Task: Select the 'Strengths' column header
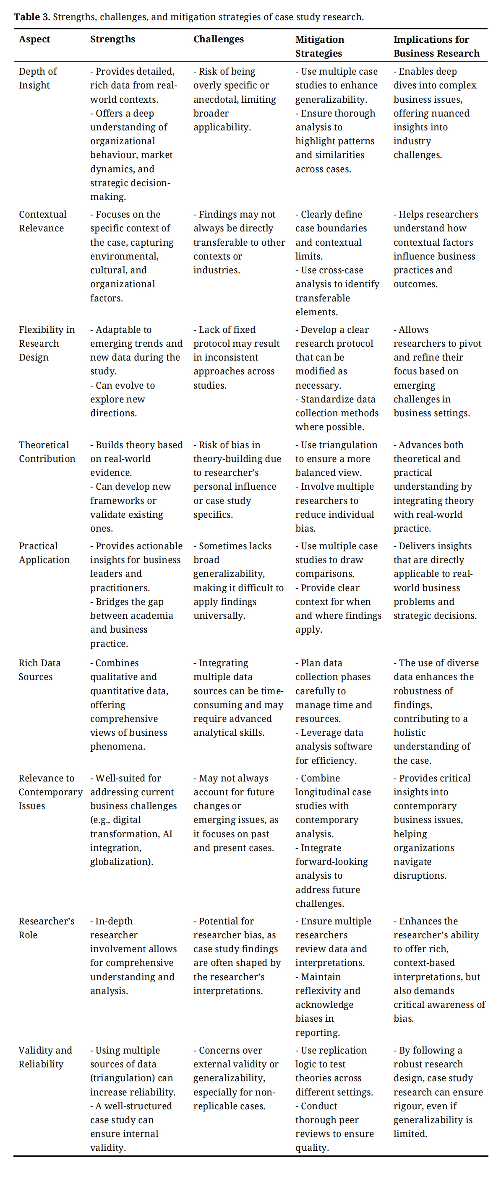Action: click(x=112, y=39)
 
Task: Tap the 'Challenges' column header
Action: click(x=218, y=39)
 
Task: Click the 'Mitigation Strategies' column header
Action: click(x=319, y=46)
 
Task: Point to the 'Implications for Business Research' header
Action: click(x=436, y=46)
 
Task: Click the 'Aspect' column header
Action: click(x=34, y=39)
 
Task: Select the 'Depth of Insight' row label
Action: click(x=38, y=78)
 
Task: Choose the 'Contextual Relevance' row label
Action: click(x=42, y=221)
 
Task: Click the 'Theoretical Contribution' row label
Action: click(x=47, y=452)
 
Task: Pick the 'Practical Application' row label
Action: click(x=44, y=553)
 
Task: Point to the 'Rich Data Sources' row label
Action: click(x=39, y=670)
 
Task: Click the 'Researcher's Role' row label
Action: click(x=46, y=928)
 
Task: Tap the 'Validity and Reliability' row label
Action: click(x=45, y=1057)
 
